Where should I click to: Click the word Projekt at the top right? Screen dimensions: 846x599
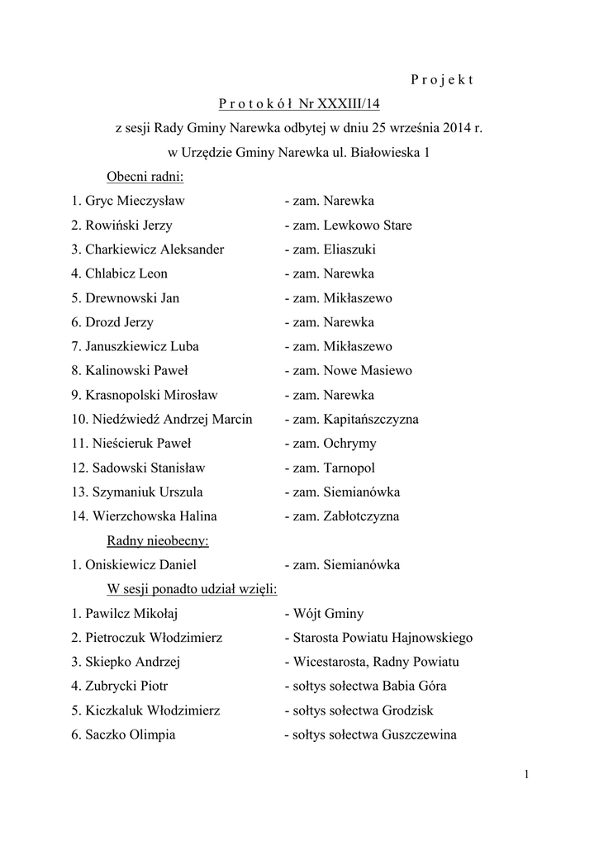[441, 80]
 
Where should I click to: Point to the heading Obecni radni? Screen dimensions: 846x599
[145, 177]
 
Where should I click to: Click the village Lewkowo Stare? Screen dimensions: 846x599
[368, 226]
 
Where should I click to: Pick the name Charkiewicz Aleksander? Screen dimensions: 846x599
[155, 250]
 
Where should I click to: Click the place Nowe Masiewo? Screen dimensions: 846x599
[368, 371]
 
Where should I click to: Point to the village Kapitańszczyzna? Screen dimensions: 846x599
[371, 420]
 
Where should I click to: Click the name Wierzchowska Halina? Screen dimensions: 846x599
[155, 516]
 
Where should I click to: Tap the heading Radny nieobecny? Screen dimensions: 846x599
[158, 541]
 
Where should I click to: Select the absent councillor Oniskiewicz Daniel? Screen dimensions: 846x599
[141, 565]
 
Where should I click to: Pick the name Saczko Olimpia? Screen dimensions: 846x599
[131, 735]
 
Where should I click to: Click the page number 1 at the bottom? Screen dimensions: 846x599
[526, 774]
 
